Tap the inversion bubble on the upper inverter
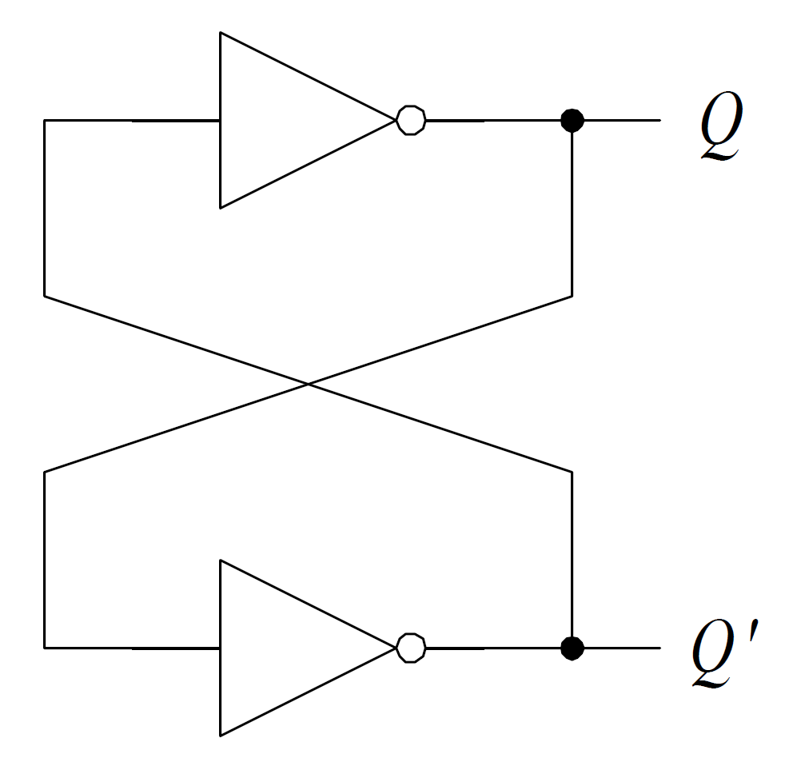(x=411, y=121)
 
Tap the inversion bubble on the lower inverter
(x=411, y=647)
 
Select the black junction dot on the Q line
(x=572, y=121)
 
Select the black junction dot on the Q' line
(x=572, y=647)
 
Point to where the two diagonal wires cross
(x=309, y=385)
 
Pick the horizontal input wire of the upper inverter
(x=132, y=121)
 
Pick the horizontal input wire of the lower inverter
(x=132, y=647)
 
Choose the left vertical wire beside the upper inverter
(x=45, y=208)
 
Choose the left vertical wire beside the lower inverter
(x=45, y=560)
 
